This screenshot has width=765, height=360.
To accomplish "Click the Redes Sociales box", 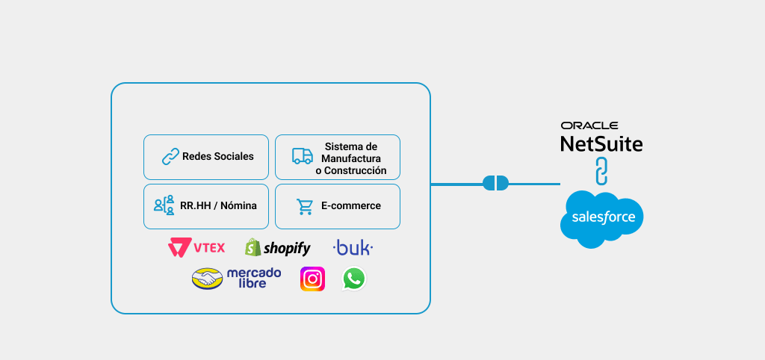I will [x=206, y=157].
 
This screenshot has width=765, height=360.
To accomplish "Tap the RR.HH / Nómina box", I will [x=206, y=206].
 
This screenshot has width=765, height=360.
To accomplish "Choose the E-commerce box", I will [x=338, y=206].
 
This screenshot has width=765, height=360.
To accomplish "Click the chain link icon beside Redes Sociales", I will [x=170, y=157].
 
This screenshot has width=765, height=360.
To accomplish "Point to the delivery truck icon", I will [x=302, y=156].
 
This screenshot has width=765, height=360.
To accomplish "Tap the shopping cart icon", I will [x=304, y=206].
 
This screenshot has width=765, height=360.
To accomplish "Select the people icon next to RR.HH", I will [x=164, y=205].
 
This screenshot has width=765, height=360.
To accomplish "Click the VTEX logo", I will [x=196, y=248].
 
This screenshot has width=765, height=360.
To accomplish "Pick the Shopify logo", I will [x=278, y=248].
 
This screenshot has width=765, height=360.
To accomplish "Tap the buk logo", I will [x=353, y=248].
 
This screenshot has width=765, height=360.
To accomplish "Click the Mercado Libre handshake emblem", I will [x=207, y=278].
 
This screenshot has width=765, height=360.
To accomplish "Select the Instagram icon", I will [x=312, y=279].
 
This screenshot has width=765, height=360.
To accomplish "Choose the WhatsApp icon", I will [x=354, y=279].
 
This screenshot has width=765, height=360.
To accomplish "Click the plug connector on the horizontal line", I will [x=495, y=183].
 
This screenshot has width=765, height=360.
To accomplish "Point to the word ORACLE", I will [x=589, y=125].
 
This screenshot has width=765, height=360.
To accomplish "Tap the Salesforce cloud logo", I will [x=602, y=218].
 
